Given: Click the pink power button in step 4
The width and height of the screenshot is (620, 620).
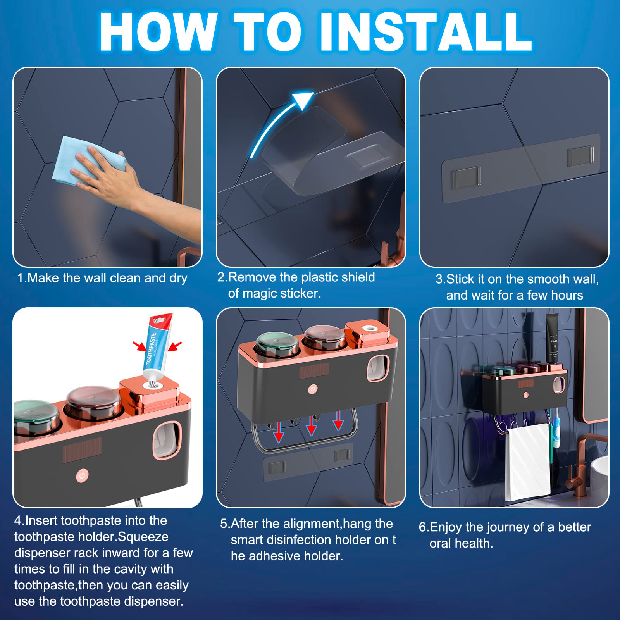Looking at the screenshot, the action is [82, 475].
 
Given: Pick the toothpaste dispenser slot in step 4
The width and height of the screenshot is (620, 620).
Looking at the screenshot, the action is [167, 440].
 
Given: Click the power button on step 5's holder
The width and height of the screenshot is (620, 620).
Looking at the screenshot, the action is [313, 389].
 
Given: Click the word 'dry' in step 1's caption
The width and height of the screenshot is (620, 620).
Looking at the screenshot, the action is [178, 278].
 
